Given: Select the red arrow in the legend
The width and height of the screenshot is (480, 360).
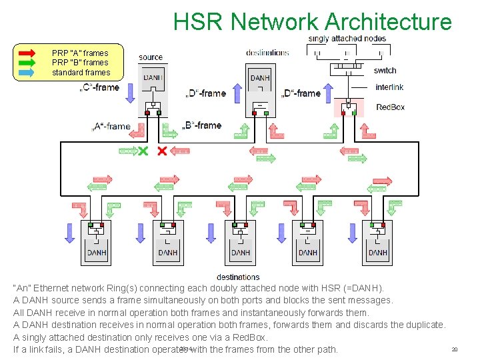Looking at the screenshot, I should point(30,53).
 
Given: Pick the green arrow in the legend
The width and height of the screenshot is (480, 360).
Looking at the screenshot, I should point(30,63).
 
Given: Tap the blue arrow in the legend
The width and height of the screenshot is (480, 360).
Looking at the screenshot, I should point(30,72).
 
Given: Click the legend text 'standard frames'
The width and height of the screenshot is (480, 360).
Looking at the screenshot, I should point(81,72).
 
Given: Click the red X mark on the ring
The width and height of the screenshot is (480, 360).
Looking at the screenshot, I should point(161,151).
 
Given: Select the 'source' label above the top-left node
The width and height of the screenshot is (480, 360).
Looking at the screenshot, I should point(151,57).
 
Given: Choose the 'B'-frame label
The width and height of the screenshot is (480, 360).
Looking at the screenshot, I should point(202,125).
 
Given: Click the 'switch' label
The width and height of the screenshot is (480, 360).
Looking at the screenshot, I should point(385,70).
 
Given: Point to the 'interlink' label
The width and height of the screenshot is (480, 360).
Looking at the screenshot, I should point(389,87).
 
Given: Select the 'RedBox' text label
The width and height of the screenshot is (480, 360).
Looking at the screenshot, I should point(391,107).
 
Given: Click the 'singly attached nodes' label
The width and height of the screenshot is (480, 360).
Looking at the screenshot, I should point(347,39).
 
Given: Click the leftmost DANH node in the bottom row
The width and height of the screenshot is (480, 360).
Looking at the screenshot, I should point(97,243).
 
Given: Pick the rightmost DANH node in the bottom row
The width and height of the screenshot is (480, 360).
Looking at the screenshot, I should point(377,243).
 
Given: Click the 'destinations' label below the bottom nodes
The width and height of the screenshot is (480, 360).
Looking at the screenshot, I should point(238,277).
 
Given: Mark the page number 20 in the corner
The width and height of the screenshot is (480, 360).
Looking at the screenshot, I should point(455,349).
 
